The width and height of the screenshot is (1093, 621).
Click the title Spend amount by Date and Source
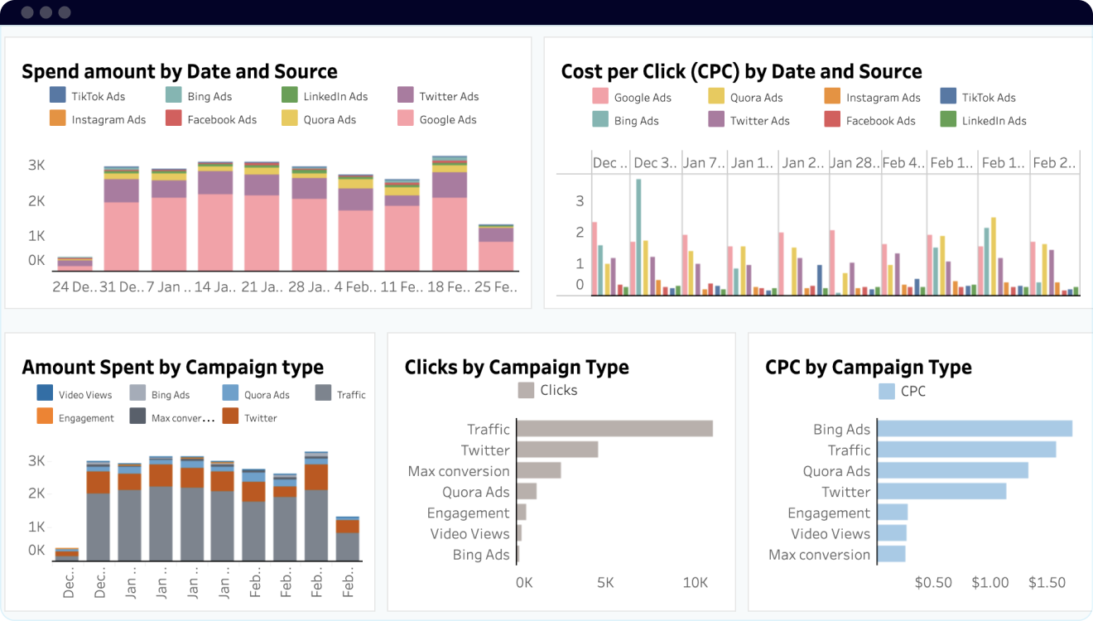click(x=180, y=71)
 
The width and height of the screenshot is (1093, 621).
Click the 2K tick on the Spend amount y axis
click(x=36, y=201)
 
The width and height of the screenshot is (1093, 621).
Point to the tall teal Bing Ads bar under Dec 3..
click(x=638, y=237)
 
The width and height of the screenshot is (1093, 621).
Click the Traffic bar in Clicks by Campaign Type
click(x=614, y=428)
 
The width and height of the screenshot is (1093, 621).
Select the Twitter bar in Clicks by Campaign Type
click(x=557, y=450)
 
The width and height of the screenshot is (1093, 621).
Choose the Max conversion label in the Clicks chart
click(x=459, y=471)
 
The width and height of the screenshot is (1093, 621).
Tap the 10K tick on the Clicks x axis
click(x=696, y=583)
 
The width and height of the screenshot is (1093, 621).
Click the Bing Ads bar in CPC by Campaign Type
click(x=975, y=429)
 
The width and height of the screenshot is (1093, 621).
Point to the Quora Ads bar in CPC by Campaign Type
click(x=952, y=470)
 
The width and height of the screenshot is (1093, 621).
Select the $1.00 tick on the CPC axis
click(x=990, y=583)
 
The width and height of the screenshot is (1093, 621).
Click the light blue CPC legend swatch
click(x=887, y=391)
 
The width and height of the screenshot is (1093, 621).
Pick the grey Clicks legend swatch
click(x=526, y=390)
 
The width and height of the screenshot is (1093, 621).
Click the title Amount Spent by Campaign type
click(x=172, y=368)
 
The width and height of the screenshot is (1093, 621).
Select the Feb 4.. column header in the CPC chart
click(x=903, y=163)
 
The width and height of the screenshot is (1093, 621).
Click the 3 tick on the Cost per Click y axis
click(x=580, y=201)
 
